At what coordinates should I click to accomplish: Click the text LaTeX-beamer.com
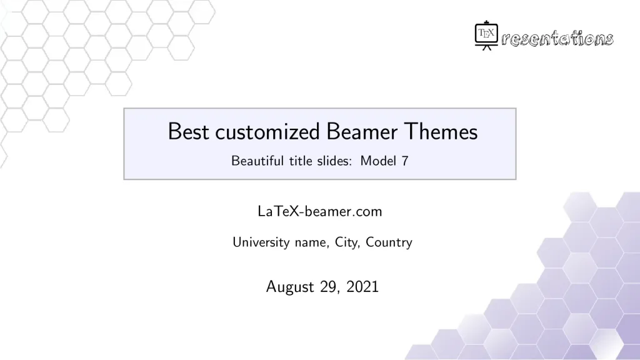(x=319, y=211)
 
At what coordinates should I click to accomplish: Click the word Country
(x=389, y=242)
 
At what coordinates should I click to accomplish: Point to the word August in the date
(x=289, y=287)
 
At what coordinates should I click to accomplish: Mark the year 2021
(x=362, y=287)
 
